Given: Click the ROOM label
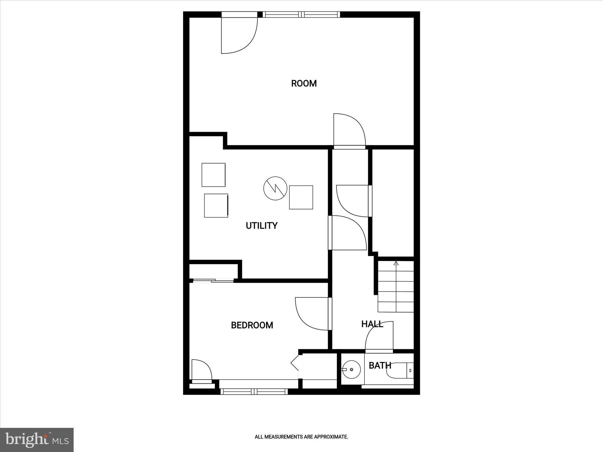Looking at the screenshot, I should pos(304,84).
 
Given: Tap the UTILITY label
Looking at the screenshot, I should pos(261,226).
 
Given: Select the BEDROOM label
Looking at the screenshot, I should pos(252,325).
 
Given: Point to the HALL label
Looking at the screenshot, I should pos(372,324).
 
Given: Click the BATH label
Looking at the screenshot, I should pos(380,365).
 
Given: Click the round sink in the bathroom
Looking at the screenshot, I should pos(351,370).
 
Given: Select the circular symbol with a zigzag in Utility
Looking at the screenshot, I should pos(275,188).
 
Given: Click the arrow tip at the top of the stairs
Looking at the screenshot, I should pos(396,263).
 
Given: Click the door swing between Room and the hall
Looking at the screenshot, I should pos(349,129).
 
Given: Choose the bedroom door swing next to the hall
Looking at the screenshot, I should pos(312,313).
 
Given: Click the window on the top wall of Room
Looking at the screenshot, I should pos(301,14).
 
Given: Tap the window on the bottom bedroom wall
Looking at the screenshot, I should pos(254,391).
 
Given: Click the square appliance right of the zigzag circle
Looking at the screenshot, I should pos(301,197).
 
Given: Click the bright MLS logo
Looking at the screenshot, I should pos(37,440).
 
